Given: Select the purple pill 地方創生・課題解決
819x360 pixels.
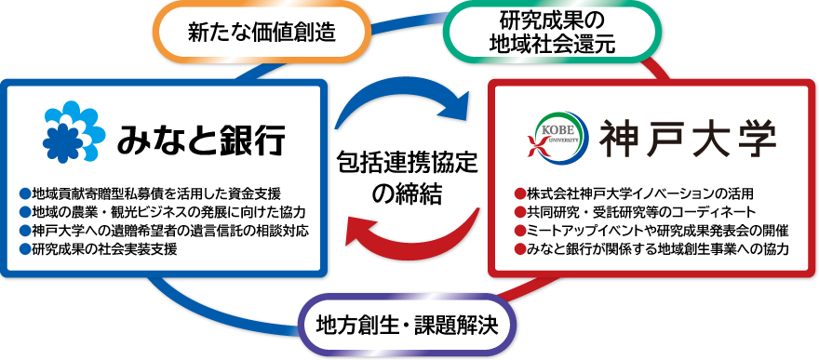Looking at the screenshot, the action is point(408,326).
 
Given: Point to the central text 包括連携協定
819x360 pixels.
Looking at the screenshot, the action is point(408,165).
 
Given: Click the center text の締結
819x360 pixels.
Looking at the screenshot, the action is point(408,194).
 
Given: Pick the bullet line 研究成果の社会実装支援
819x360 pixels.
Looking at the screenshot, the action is point(99,249).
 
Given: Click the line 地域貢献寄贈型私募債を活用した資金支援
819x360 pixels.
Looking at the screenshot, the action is point(151,194).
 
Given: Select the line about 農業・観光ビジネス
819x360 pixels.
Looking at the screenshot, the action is point(163,212).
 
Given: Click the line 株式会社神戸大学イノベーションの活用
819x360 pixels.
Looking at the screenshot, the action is point(634,194).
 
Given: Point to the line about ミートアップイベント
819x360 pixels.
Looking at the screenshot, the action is point(651,231).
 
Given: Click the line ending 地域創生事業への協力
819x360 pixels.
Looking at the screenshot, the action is point(651,249).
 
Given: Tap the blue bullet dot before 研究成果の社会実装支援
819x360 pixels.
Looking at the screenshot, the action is point(25,249).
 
